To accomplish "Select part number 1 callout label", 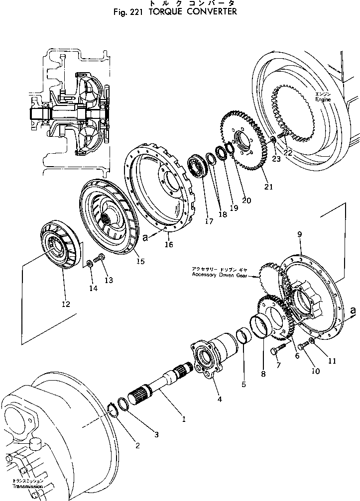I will pyautogui.click(x=184, y=419).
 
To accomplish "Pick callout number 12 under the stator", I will pyautogui.click(x=66, y=303).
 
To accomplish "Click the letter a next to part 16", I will pyautogui.click(x=145, y=238).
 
